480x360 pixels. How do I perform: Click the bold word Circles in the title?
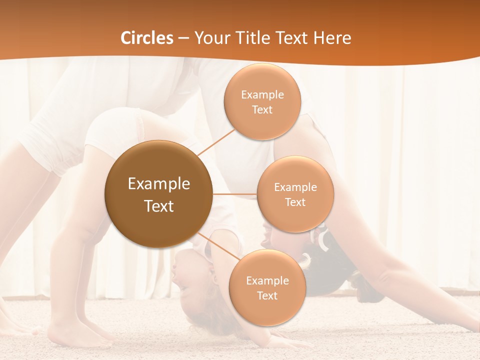(147, 38)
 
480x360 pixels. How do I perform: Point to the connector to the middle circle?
(234, 194)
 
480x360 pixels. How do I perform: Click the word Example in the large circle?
(158, 184)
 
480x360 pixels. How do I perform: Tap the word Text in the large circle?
(158, 206)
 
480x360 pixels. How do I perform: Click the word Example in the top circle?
(262, 95)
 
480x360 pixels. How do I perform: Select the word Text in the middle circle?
(295, 202)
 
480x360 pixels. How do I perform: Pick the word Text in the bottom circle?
(267, 296)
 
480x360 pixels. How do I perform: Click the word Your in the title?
(210, 38)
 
